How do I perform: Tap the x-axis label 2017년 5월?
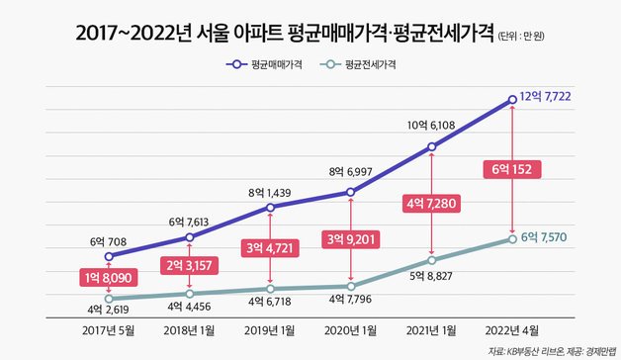[x=108, y=328]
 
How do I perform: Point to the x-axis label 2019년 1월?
[x=271, y=328]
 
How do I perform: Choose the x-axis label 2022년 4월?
[x=512, y=328]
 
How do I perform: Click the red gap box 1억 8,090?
[x=108, y=279]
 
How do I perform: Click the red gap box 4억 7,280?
[x=431, y=204]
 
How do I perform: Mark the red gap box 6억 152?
[x=512, y=169]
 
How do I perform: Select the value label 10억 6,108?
[x=432, y=126]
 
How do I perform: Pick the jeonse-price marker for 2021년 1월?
[x=432, y=260]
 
